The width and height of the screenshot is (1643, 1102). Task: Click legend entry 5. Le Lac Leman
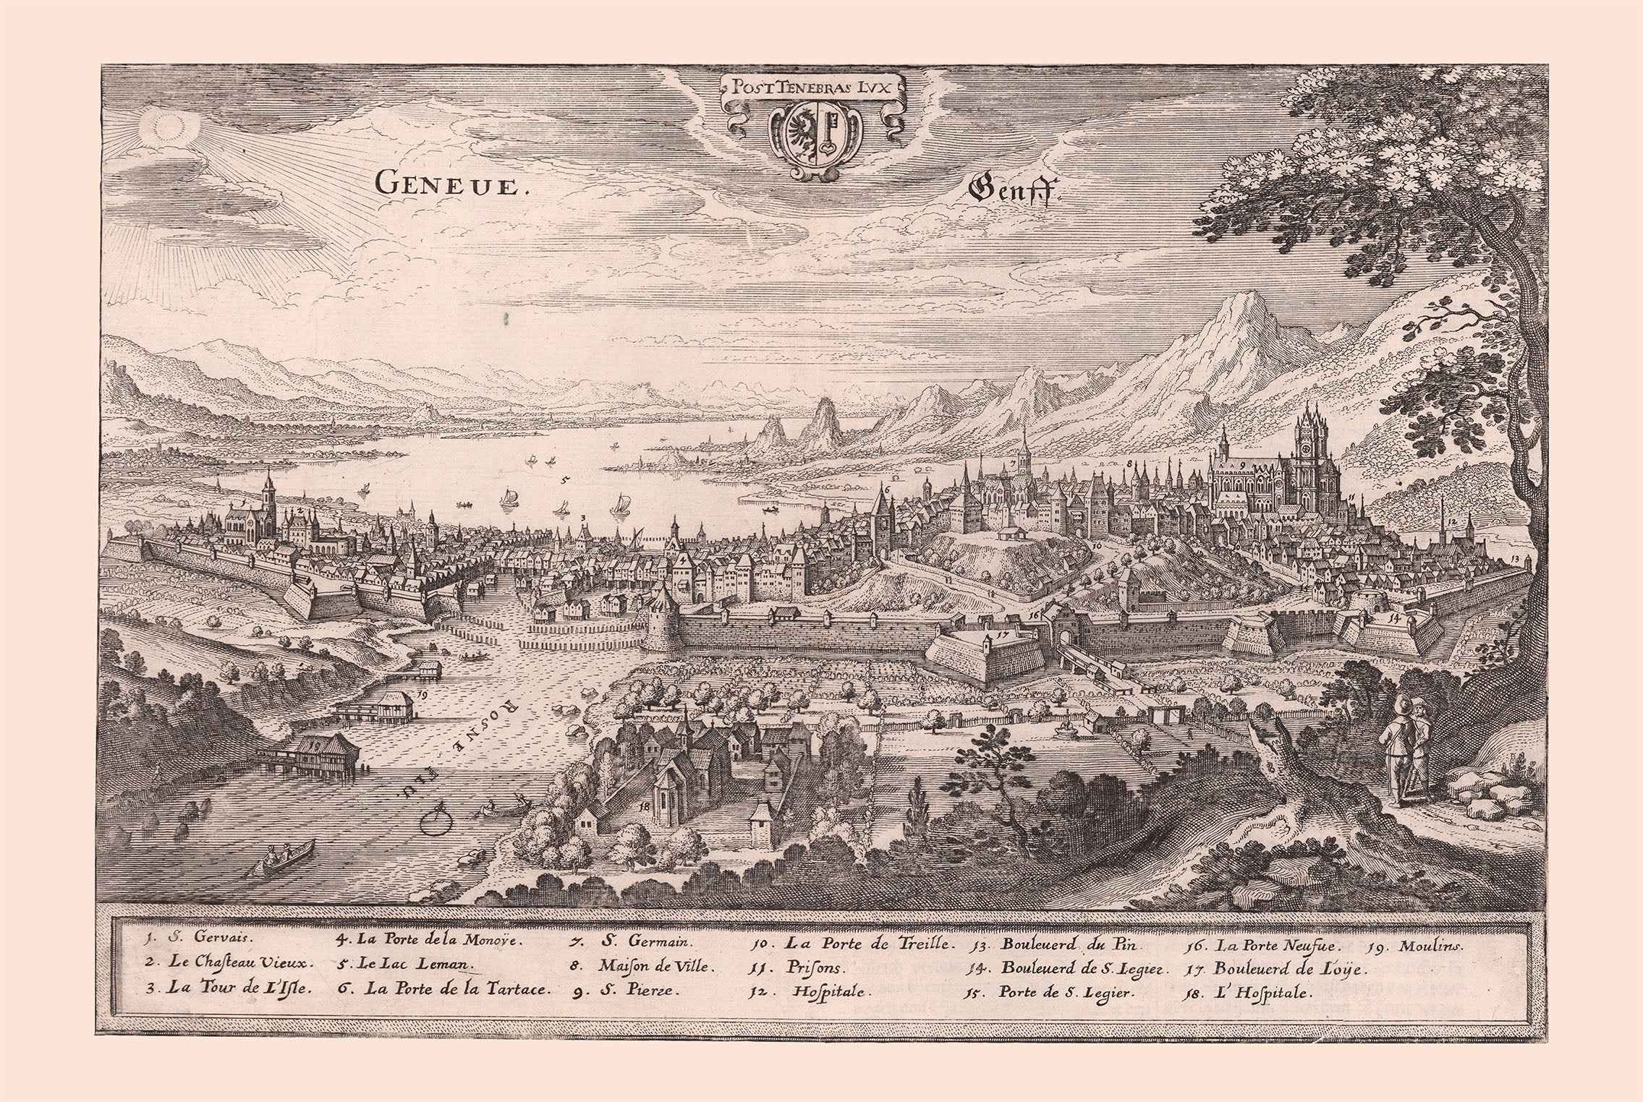[405, 964]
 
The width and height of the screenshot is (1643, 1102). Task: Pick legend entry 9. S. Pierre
[627, 991]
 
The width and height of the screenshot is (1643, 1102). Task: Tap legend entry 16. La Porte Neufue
[1259, 945]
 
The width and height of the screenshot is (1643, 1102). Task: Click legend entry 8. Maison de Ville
[643, 966]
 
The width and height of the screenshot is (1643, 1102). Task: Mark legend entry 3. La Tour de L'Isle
[228, 988]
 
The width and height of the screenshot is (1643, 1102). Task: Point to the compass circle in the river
[437, 819]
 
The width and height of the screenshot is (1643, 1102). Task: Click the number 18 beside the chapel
[643, 804]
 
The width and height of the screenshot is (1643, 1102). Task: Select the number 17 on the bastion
[1001, 636]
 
